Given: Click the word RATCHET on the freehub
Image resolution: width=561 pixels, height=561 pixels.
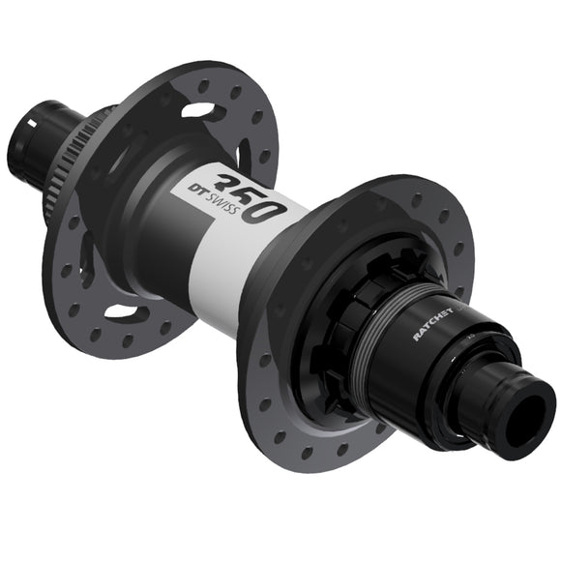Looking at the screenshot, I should click(x=436, y=320).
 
